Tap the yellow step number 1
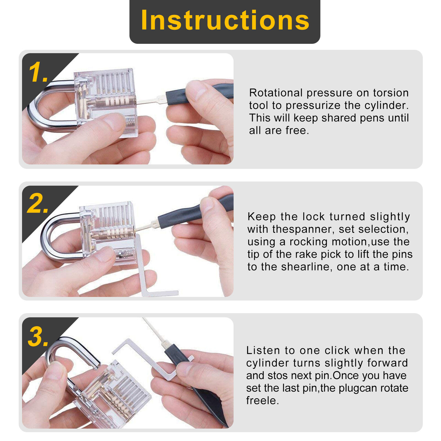pyautogui.click(x=38, y=72)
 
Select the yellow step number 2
pyautogui.click(x=38, y=203)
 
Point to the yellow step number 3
pyautogui.click(x=39, y=337)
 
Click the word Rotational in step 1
pyautogui.click(x=276, y=93)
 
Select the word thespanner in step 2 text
pyautogui.click(x=302, y=229)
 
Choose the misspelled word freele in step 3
pyautogui.click(x=262, y=400)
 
